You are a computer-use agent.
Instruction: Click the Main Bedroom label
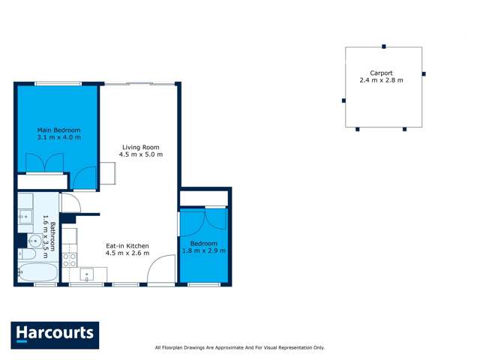point(58,130)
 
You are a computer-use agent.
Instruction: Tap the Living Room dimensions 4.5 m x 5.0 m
point(140,154)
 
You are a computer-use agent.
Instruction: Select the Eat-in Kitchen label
point(127,245)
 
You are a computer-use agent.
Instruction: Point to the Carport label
point(381,73)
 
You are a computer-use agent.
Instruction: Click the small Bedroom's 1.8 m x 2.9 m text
point(203,250)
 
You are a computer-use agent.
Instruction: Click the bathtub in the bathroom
point(37,273)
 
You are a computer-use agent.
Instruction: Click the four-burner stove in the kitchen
point(69,259)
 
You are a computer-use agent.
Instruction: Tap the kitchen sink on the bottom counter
point(87,274)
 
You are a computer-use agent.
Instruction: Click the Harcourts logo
point(55,334)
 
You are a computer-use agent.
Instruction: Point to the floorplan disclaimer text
point(239,347)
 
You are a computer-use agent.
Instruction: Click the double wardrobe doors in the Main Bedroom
point(44,163)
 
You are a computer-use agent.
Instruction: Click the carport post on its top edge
point(384,46)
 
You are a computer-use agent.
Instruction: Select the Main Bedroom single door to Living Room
point(85,178)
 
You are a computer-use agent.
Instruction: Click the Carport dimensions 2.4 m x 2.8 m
point(381,80)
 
